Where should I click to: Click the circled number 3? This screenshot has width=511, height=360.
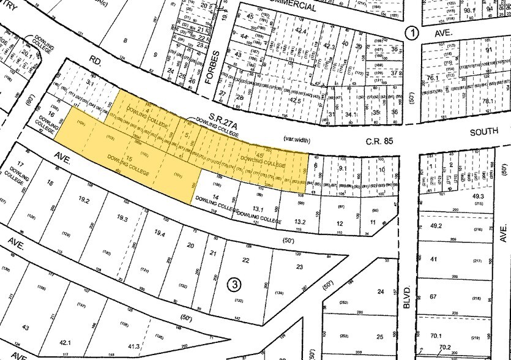pyautogui.click(x=234, y=284)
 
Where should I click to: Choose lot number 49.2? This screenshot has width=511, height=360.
pyautogui.click(x=436, y=225)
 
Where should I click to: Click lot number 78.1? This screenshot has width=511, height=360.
pyautogui.click(x=488, y=102)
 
